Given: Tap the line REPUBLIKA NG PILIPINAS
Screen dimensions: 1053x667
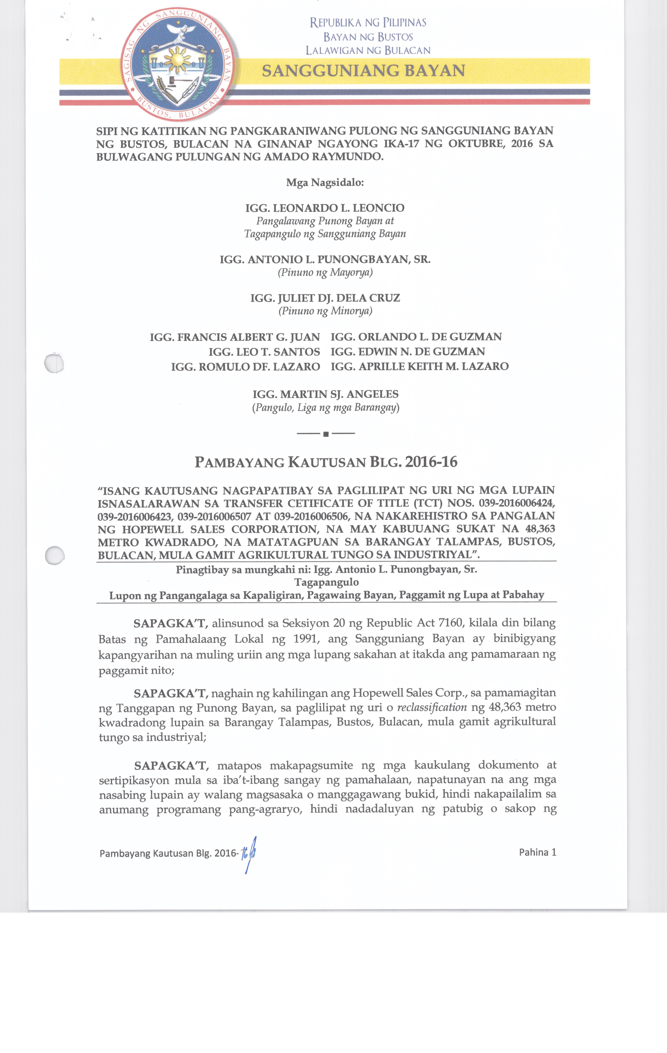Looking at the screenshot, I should pos(368,23).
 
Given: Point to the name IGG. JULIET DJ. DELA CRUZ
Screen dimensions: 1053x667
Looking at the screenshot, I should pos(325,298).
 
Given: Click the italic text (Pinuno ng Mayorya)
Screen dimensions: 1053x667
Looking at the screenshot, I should pos(325,272).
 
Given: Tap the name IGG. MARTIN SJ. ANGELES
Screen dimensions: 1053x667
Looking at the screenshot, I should pos(325,395).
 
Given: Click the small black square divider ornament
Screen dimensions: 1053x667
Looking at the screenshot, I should pos(326,434).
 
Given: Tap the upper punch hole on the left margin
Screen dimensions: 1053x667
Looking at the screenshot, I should pos(54,363).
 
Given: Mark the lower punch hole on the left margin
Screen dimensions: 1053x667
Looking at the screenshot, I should pos(55,555).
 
